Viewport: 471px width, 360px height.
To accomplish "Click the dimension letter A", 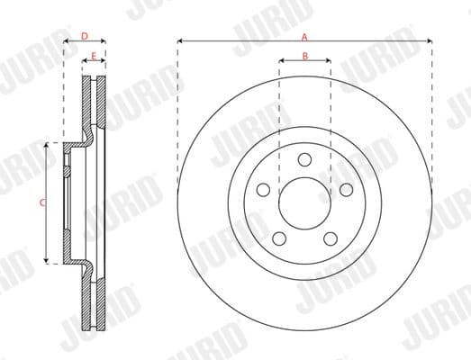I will point(304,37).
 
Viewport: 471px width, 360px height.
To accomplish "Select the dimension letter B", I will point(304,57).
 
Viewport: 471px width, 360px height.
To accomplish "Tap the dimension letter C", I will point(42,203).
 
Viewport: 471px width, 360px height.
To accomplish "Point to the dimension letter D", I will point(84,37).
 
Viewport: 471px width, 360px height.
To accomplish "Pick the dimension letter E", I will point(94,57).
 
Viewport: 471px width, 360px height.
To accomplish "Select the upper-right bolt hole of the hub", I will point(345,189).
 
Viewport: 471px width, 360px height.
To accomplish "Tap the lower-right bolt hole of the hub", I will point(330,238).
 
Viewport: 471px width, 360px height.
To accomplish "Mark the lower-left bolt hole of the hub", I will point(279,238).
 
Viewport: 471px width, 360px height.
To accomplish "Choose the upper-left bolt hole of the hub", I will point(263,189).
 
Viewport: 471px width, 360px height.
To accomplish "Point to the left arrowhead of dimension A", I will point(180,40).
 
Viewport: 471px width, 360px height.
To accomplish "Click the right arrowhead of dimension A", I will point(430,40).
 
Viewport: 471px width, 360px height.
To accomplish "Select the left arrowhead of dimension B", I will point(281,61).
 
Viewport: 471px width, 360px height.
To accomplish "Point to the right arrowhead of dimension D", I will point(104,41).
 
